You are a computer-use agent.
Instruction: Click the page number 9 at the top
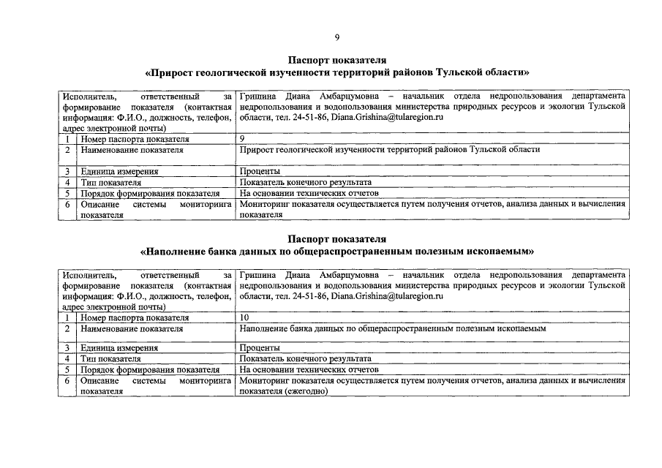click(336, 37)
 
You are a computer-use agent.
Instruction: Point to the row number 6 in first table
click(67, 205)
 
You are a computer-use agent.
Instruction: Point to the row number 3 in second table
click(67, 348)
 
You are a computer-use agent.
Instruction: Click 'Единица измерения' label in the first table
click(120, 171)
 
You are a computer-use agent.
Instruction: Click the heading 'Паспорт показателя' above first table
click(336, 60)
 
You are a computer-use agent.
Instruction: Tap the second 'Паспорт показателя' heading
click(336, 238)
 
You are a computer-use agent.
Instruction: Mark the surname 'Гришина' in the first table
click(257, 96)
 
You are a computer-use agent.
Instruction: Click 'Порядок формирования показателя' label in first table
click(150, 193)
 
